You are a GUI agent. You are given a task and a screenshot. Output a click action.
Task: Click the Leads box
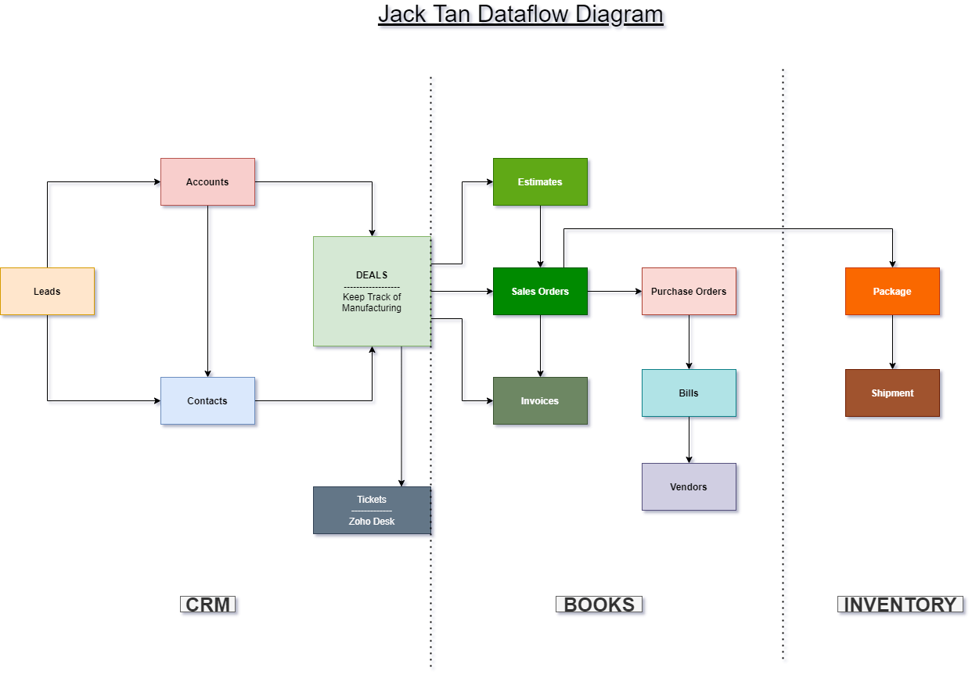(x=47, y=292)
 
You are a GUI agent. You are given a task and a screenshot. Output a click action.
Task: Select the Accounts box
(x=207, y=182)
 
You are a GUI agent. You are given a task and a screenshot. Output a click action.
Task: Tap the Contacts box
(x=207, y=401)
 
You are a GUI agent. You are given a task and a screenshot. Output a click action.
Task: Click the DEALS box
(x=372, y=291)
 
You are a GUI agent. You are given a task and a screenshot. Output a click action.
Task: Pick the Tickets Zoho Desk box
(x=372, y=511)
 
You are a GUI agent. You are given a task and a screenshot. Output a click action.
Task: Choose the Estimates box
(x=540, y=182)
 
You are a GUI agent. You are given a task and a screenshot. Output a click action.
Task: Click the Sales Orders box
(x=540, y=292)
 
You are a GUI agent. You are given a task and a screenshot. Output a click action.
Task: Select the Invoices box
(x=540, y=401)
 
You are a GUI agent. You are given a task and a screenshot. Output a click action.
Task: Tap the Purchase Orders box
(x=689, y=292)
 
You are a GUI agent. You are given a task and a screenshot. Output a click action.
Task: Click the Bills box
(x=689, y=393)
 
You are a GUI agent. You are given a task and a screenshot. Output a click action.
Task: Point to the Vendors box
(x=689, y=487)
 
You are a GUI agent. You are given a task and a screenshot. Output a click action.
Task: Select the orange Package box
(x=892, y=292)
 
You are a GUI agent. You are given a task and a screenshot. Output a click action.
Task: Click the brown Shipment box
(x=892, y=393)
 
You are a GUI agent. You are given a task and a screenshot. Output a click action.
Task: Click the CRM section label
(x=208, y=604)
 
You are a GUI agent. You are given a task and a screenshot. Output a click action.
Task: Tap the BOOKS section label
(x=599, y=604)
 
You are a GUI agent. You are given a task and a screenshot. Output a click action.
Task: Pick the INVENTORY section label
(x=900, y=604)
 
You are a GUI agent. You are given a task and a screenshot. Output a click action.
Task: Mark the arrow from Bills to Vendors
(x=689, y=440)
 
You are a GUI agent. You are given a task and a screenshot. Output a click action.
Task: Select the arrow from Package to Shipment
(x=892, y=343)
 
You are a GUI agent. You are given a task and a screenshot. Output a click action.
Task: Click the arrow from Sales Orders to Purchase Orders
(x=614, y=292)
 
